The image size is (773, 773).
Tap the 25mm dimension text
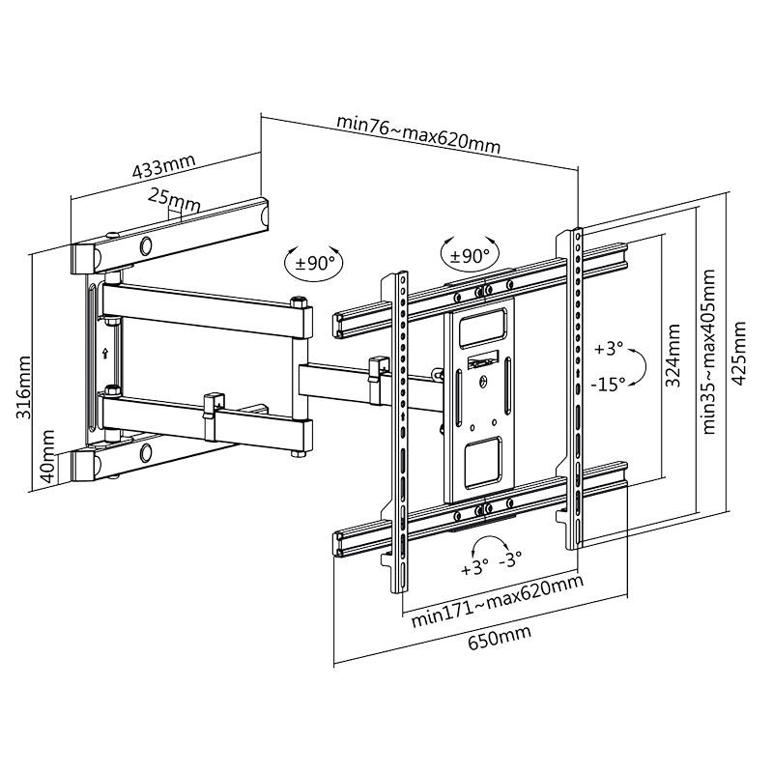(175, 200)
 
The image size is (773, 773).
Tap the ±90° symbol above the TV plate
(471, 255)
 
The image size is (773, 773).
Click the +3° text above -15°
(609, 348)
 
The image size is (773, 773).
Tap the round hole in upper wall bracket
(147, 244)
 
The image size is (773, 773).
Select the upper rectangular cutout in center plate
(481, 325)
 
